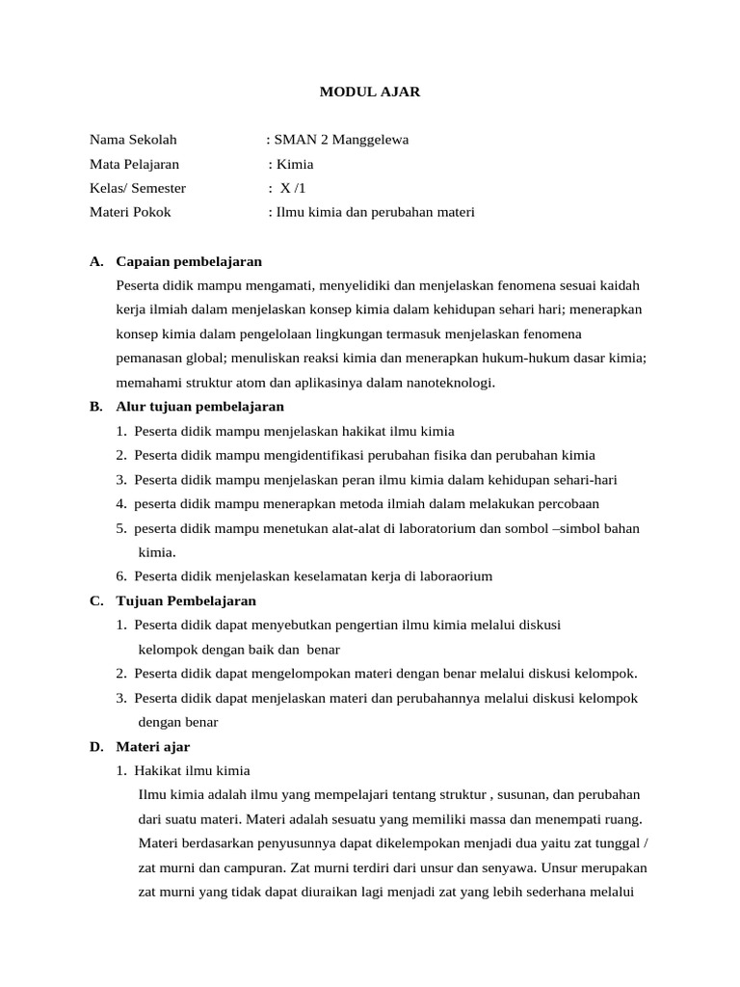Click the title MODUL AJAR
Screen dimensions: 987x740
click(x=370, y=93)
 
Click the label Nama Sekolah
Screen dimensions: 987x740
click(x=133, y=140)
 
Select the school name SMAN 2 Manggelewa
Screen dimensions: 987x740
click(x=341, y=140)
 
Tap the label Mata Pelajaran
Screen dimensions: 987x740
click(x=134, y=164)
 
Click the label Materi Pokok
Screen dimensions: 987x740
click(x=130, y=212)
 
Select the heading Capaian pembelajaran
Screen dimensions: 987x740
click(x=189, y=261)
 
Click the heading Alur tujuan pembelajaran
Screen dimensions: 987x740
click(x=199, y=407)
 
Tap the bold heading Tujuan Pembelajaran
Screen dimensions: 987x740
click(x=186, y=600)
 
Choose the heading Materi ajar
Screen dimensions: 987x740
click(x=152, y=746)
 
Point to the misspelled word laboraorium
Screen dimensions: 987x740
click(x=454, y=576)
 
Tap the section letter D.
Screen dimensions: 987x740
click(x=96, y=746)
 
